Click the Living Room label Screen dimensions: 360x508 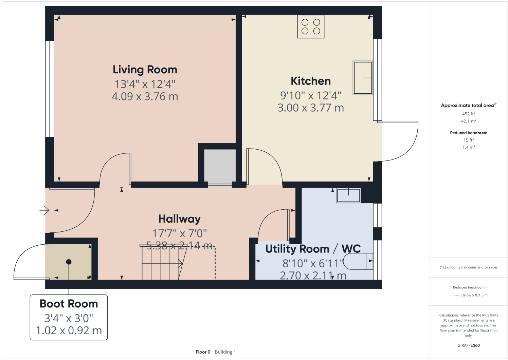(x=145, y=70)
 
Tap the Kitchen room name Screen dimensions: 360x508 (x=311, y=81)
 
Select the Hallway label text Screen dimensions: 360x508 (x=179, y=219)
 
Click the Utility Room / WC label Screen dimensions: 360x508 (x=313, y=249)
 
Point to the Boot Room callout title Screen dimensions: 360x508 (x=69, y=304)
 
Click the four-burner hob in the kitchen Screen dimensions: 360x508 (x=311, y=27)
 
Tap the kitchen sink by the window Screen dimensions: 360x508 (x=363, y=78)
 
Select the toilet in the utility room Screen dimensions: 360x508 (x=358, y=261)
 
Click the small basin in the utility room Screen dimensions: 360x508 (x=348, y=195)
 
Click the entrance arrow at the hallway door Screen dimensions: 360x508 (x=44, y=210)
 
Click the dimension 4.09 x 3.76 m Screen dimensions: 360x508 (x=145, y=96)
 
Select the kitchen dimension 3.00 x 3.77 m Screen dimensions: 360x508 (x=311, y=108)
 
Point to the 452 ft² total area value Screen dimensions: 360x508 (x=468, y=114)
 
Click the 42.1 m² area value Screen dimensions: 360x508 (x=468, y=121)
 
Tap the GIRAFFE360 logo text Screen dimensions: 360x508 (x=468, y=345)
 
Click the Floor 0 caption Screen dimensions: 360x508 (x=203, y=352)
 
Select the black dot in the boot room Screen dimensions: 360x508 (x=69, y=262)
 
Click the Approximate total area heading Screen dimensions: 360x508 (x=468, y=105)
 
